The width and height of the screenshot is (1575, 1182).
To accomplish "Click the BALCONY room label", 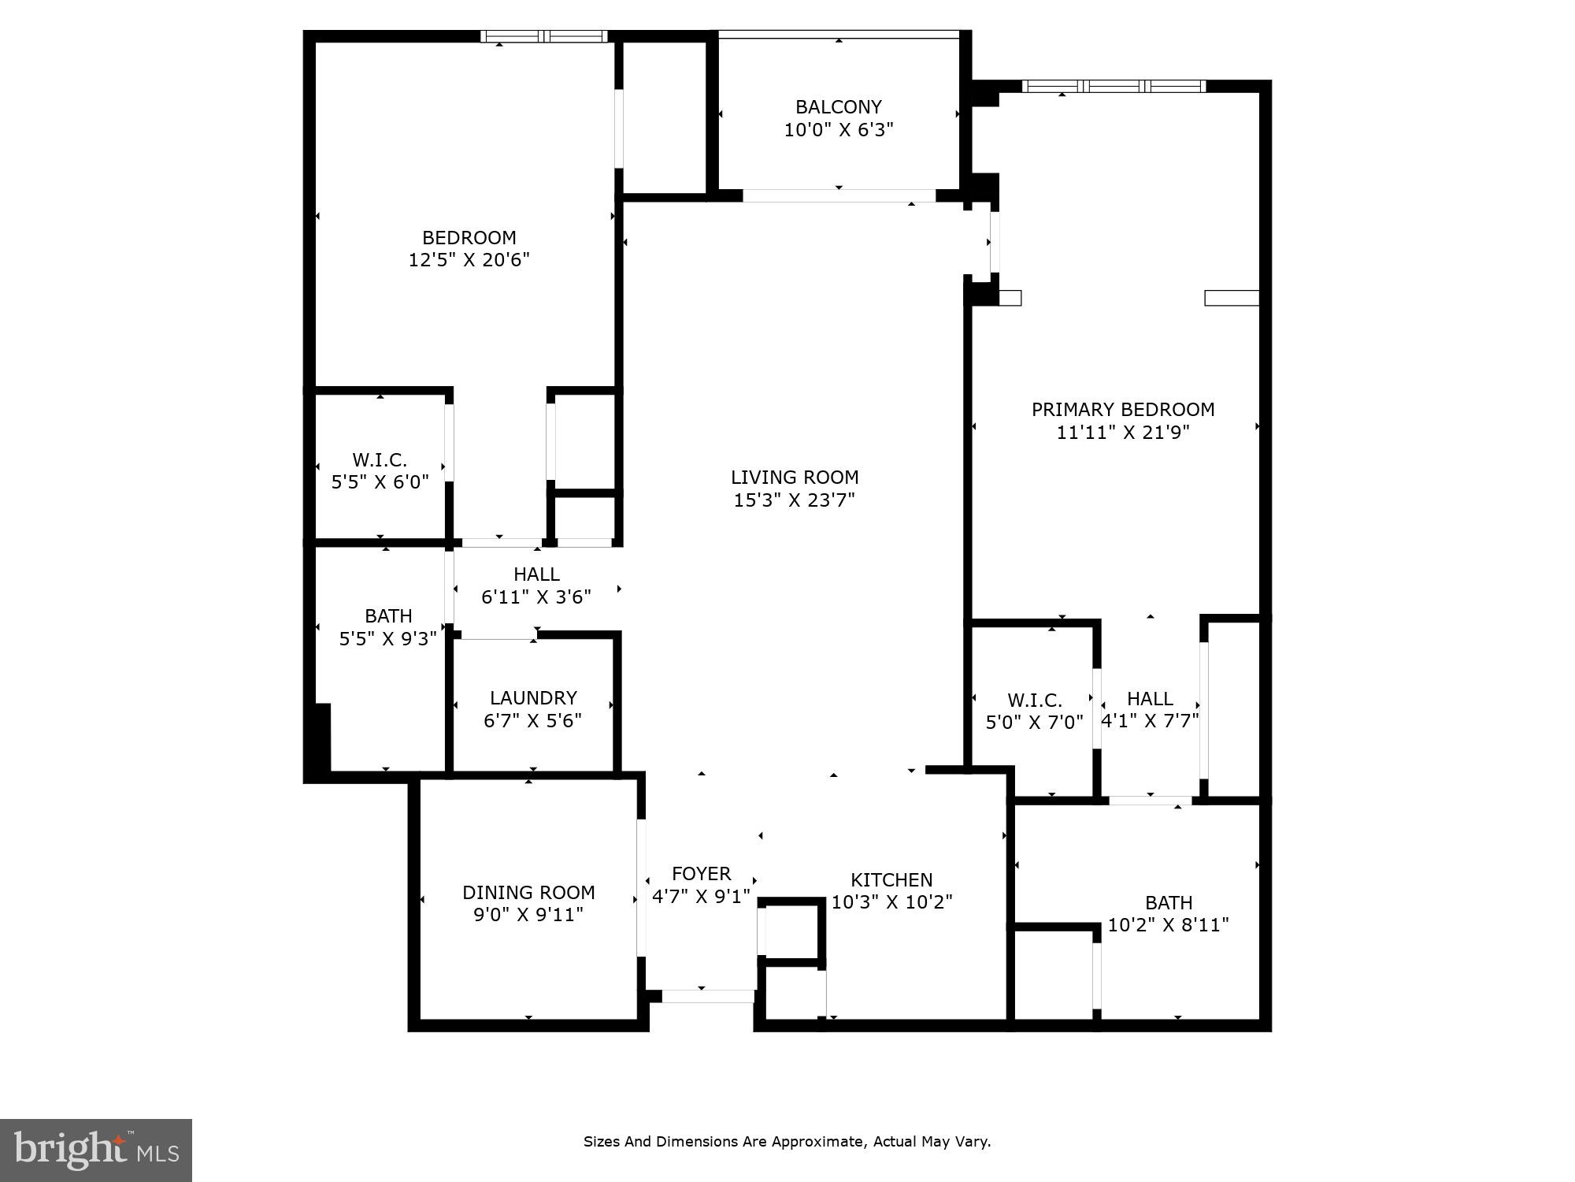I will (838, 107).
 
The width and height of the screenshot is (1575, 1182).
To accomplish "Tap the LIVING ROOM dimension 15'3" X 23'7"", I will (794, 500).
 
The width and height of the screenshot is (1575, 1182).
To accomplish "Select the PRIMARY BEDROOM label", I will (1123, 410).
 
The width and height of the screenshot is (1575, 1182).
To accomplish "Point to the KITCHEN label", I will (891, 880).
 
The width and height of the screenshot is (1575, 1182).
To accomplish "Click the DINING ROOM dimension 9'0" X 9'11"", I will (528, 915).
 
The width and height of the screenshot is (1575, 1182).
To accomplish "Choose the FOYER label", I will (701, 874).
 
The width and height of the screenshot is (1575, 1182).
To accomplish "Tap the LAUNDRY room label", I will (533, 698).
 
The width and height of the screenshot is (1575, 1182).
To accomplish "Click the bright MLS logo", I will (96, 1150).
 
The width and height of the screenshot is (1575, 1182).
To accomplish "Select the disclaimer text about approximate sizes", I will (787, 1142).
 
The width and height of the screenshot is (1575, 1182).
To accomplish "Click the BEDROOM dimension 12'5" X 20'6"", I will (469, 260).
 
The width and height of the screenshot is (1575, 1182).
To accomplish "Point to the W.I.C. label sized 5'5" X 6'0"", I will (380, 460).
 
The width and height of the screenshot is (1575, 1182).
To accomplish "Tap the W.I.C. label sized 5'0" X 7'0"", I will (1034, 701).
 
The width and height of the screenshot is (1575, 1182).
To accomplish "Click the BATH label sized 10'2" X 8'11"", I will (1169, 903).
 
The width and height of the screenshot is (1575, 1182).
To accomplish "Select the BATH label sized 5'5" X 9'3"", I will (388, 616).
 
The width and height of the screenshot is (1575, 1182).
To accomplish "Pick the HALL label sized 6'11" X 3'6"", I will (536, 574).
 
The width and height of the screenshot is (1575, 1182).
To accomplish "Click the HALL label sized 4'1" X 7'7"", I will (1150, 699).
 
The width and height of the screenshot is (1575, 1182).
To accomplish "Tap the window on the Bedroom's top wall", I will (544, 36).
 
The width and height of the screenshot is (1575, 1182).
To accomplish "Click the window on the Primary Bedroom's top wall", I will (1114, 86).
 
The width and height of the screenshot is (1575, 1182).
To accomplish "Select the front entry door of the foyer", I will (707, 996).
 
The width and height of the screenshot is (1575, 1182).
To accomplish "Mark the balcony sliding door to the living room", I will (839, 195).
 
